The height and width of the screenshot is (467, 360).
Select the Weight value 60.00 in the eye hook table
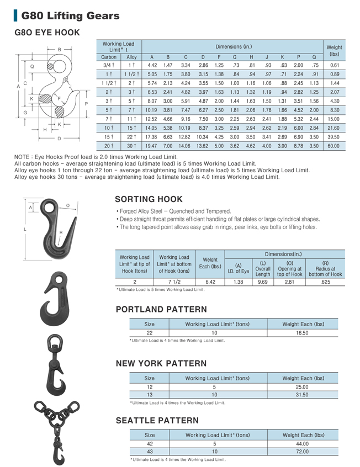click(334, 146)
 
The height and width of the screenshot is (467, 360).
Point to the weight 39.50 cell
click(334, 136)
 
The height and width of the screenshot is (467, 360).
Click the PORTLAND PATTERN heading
click(161, 309)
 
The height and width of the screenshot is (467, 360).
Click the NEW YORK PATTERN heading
click(161, 363)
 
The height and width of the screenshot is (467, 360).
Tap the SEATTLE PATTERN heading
click(157, 421)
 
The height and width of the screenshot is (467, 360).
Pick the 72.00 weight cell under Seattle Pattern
click(303, 452)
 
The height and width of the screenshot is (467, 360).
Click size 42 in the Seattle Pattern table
click(149, 443)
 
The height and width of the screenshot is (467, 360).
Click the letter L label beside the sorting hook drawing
click(25, 229)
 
